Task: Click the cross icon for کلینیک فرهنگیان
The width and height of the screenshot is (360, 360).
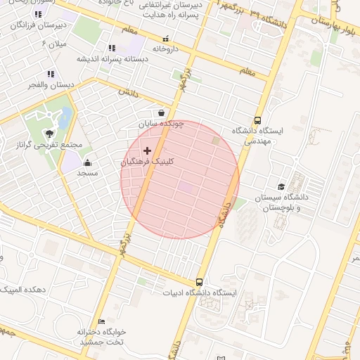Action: (x=147, y=150)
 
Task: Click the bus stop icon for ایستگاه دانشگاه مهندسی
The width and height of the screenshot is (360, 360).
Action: (x=257, y=120)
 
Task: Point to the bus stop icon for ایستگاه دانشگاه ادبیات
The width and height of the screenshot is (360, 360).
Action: (x=200, y=282)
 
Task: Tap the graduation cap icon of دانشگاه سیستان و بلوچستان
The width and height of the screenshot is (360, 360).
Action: (x=282, y=187)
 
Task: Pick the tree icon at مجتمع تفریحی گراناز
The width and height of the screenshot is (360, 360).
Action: (x=49, y=132)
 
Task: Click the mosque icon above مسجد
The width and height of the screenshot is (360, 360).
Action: (x=87, y=163)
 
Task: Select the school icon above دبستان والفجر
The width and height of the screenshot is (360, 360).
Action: (x=50, y=74)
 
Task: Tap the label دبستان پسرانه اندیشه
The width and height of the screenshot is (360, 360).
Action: (x=112, y=59)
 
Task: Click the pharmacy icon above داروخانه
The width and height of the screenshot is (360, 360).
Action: (x=166, y=39)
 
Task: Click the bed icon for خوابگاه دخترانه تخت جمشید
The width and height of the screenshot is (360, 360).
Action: (x=102, y=321)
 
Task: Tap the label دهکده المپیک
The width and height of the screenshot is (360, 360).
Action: (x=25, y=290)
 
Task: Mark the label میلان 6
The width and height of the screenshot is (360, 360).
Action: (x=53, y=44)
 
